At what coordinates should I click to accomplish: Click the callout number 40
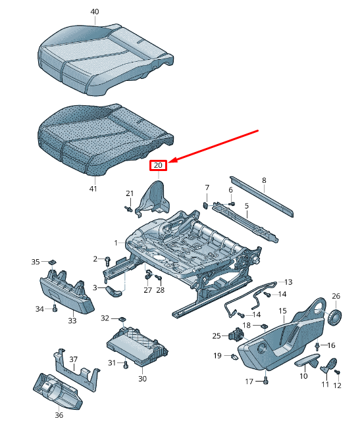(95, 12)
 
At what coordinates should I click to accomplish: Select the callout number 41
(93, 189)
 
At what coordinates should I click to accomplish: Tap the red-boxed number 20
(158, 165)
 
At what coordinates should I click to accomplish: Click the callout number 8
(264, 180)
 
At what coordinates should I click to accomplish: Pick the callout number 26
(336, 295)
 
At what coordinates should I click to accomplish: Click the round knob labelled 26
(336, 317)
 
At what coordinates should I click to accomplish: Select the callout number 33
(72, 320)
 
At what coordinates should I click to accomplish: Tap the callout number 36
(58, 414)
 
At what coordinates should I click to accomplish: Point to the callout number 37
(74, 359)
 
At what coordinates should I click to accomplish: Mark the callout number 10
(303, 376)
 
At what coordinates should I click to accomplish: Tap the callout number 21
(130, 193)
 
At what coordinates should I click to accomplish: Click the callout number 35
(36, 262)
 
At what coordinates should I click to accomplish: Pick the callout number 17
(249, 381)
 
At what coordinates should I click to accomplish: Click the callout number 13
(288, 282)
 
